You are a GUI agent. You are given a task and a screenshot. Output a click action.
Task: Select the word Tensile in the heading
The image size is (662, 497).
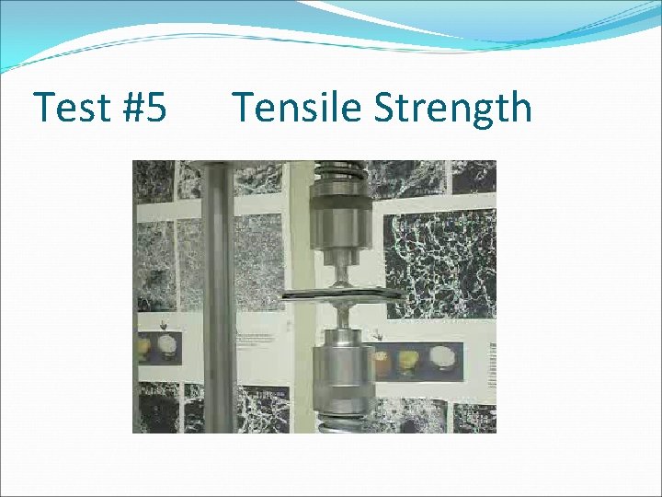point(298,108)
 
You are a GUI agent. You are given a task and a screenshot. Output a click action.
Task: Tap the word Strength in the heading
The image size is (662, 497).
point(452,108)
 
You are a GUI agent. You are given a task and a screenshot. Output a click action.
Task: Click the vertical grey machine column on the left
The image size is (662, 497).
point(218,295)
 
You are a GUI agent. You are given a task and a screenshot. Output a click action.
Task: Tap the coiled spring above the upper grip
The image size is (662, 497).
point(340,172)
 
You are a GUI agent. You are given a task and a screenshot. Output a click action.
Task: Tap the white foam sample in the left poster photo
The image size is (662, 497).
point(168,347)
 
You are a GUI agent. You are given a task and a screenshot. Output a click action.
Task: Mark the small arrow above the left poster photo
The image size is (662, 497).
point(164,325)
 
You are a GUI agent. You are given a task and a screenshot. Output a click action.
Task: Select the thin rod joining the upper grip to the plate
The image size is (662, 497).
point(341,274)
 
